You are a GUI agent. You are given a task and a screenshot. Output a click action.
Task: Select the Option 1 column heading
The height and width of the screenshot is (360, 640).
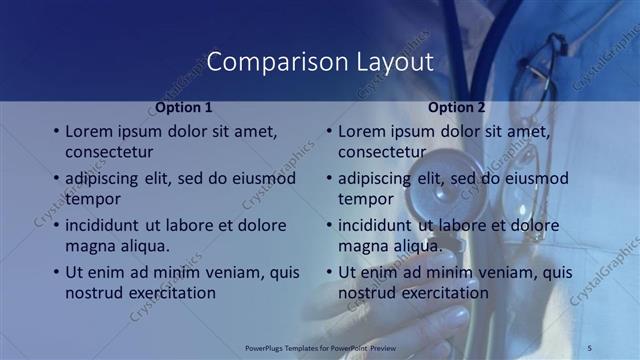pos(184,107)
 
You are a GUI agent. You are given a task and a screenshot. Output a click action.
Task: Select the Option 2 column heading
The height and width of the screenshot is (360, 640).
pos(456,107)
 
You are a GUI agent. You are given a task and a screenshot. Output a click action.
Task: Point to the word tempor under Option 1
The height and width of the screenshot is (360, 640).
pos(91,199)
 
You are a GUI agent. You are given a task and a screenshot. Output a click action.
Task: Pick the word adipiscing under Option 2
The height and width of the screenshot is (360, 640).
pos(375,178)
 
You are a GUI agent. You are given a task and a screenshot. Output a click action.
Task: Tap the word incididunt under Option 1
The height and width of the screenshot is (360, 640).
pos(103,225)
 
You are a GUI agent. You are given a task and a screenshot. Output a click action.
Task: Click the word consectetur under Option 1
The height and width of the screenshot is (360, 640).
pos(109,152)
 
